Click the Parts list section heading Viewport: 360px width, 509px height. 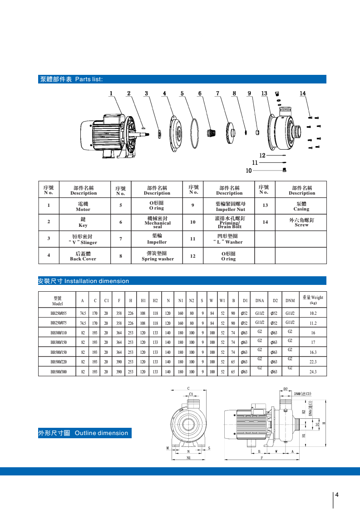(71, 79)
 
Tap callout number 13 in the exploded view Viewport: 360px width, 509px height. (265, 93)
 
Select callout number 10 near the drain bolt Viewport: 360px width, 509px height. (248, 171)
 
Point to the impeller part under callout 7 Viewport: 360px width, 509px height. (232, 132)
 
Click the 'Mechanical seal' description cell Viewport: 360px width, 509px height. (157, 222)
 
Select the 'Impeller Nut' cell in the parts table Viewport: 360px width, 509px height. (230, 207)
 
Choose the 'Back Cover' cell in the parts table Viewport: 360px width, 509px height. (83, 256)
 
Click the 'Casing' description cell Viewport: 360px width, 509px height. (301, 207)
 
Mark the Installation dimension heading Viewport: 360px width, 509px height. (84, 281)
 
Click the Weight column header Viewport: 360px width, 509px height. (313, 300)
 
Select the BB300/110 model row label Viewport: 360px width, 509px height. (59, 333)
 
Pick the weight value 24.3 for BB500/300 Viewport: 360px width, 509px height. (313, 372)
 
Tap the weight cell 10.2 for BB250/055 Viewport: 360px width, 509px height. (313, 313)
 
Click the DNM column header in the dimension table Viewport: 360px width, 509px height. (290, 300)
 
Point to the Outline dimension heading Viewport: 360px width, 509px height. (84, 433)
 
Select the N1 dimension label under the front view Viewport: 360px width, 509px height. (189, 458)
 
